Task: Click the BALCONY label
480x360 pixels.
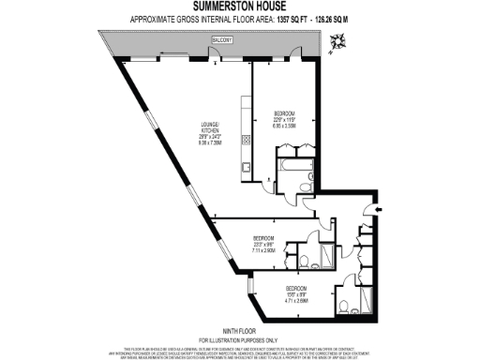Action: pos(221,41)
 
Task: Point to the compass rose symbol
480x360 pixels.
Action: pos(337,39)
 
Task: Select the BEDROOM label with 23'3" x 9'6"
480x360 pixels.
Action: pos(263,238)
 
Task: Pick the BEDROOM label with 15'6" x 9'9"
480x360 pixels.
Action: pos(296,288)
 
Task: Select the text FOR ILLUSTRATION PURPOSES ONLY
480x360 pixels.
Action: pos(239,339)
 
